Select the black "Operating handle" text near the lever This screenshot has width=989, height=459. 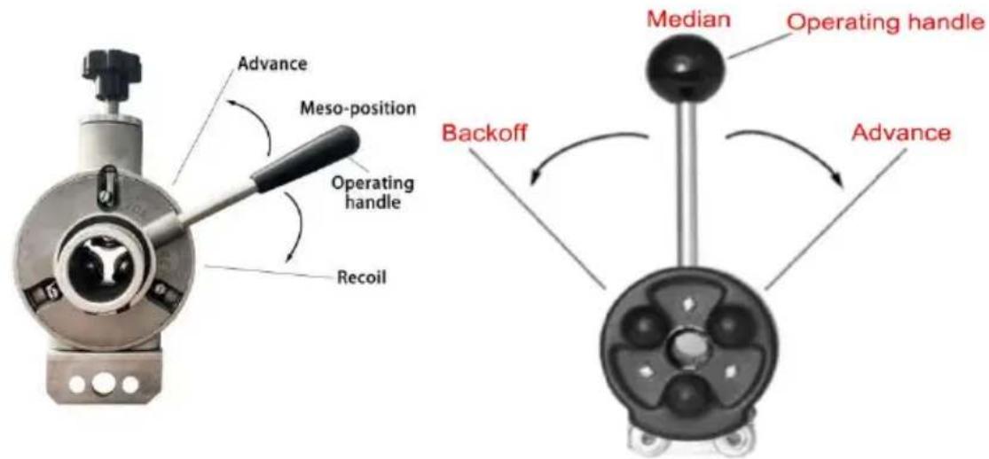tap(373, 193)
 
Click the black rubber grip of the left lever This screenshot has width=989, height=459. tap(307, 154)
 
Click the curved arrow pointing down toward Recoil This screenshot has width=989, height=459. tap(295, 225)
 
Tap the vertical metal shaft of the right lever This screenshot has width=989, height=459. tap(686, 180)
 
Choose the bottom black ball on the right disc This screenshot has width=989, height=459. tap(685, 396)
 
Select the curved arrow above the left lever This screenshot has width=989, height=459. tap(252, 123)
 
